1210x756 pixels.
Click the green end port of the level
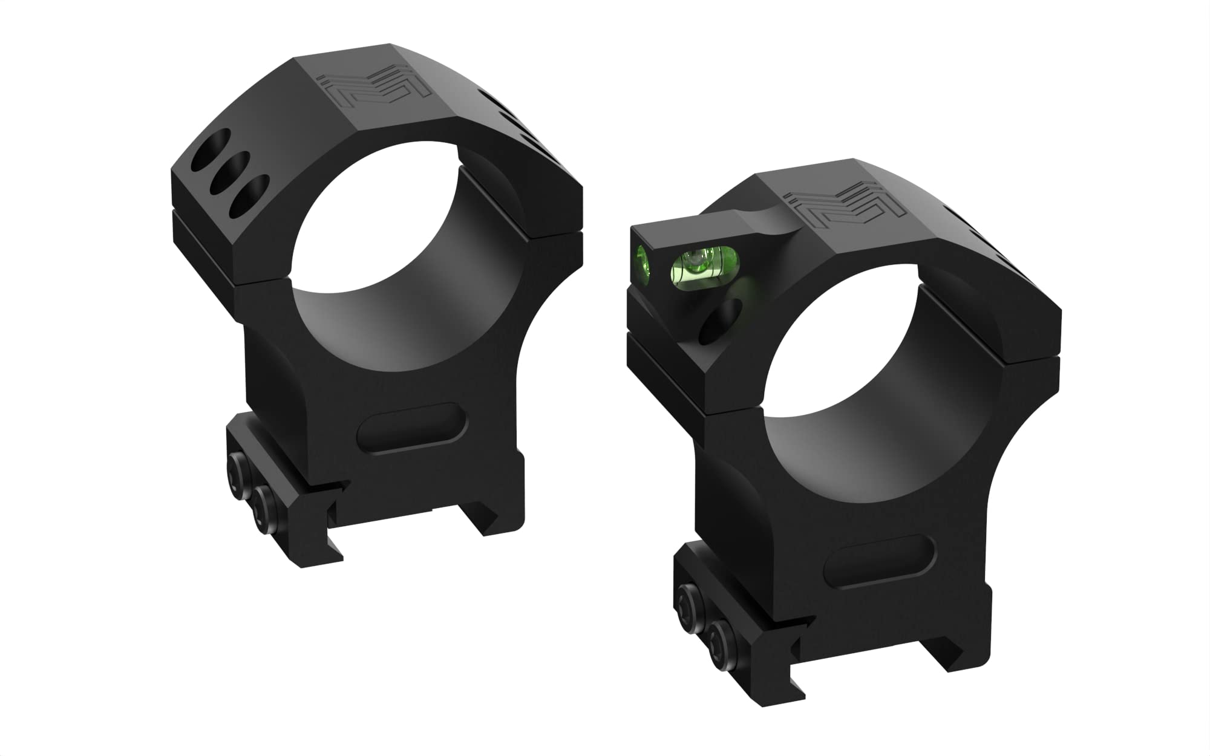pyautogui.click(x=644, y=265)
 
